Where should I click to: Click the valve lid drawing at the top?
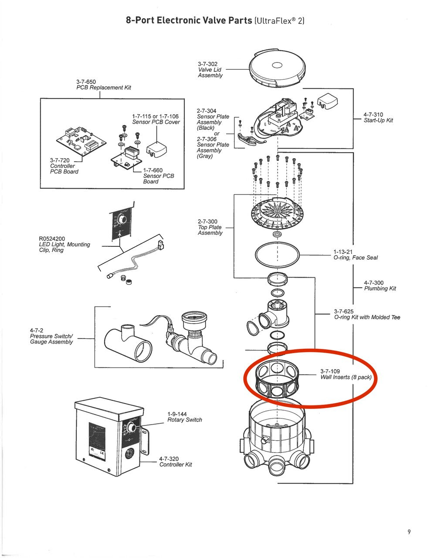point(277,68)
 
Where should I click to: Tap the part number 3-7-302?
point(207,64)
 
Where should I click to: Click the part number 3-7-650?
point(86,82)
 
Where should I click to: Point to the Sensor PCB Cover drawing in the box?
point(156,147)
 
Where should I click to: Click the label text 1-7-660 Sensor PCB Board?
point(158,176)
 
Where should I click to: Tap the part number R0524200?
point(52,238)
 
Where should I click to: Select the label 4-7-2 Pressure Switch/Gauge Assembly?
point(51,336)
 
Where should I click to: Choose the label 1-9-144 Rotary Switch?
point(184,417)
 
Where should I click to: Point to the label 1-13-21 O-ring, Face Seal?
point(355,255)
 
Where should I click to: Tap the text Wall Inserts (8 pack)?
point(346,377)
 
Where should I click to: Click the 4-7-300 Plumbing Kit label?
point(380,286)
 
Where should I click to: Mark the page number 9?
point(409,531)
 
